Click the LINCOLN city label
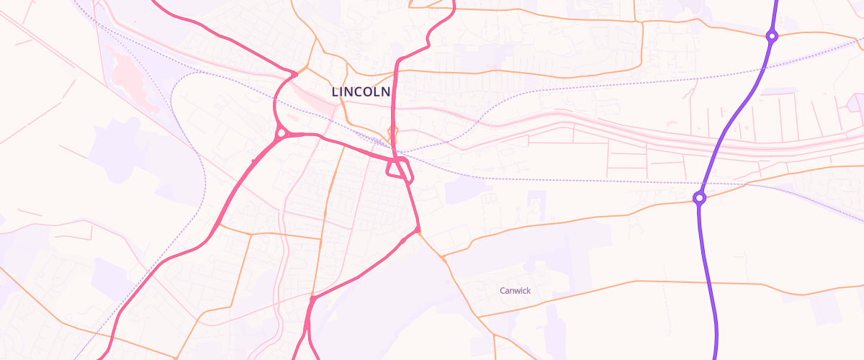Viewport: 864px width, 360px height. pos(361,92)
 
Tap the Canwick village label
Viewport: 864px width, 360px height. pos(516,291)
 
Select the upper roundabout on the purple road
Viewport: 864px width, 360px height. pos(771,36)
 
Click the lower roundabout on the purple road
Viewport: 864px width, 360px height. pos(699,198)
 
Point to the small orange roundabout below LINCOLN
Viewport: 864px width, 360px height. pos(392,132)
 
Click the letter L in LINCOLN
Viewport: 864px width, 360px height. pos(335,92)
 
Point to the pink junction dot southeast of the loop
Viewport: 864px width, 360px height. pos(418,230)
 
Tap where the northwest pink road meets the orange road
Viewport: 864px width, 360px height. pos(294,73)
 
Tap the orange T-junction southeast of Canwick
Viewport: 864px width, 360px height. pos(495,335)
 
